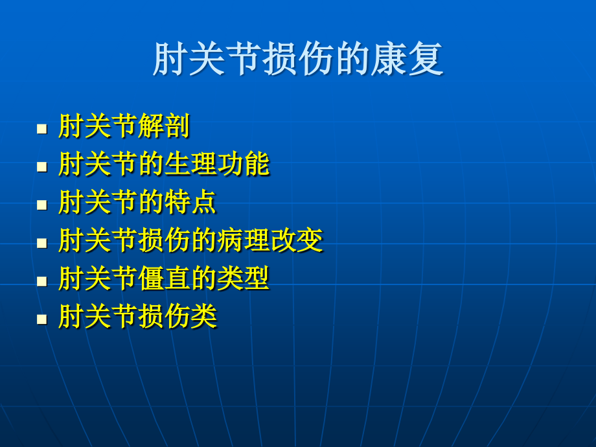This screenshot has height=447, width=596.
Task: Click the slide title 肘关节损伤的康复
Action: pyautogui.click(x=298, y=58)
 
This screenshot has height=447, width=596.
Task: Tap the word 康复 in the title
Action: pyautogui.click(x=407, y=58)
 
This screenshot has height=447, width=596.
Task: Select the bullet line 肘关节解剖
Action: pyautogui.click(x=124, y=126)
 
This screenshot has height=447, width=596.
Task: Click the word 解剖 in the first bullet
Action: pyautogui.click(x=164, y=126)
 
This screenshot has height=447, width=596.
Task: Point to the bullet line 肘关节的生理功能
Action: pyautogui.click(x=164, y=164)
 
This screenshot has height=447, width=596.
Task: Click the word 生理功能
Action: pyautogui.click(x=217, y=164)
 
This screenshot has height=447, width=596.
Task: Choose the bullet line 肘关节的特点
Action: pyautogui.click(x=137, y=202)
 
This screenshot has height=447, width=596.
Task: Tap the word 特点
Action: pyautogui.click(x=191, y=202)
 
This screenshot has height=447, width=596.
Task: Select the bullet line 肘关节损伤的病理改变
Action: pyautogui.click(x=191, y=240)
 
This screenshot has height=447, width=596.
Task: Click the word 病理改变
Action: pyautogui.click(x=270, y=240)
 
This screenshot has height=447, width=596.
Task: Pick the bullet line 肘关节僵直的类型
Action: pyautogui.click(x=164, y=278)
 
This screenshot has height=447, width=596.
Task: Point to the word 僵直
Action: pyautogui.click(x=164, y=278)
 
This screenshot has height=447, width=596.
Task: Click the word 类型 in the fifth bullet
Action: pyautogui.click(x=244, y=278)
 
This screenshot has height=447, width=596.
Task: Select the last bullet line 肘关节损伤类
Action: pyautogui.click(x=137, y=316)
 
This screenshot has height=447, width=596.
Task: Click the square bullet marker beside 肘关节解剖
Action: pyautogui.click(x=42, y=129)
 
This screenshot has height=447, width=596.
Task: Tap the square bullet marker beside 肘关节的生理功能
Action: pyautogui.click(x=42, y=167)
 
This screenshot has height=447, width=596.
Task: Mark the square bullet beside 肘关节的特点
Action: pyautogui.click(x=42, y=205)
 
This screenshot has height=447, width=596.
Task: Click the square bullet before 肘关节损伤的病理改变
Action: pyautogui.click(x=42, y=244)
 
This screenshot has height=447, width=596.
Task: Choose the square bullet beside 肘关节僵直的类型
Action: pyautogui.click(x=42, y=281)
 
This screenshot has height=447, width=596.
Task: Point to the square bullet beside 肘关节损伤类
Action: pyautogui.click(x=42, y=319)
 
